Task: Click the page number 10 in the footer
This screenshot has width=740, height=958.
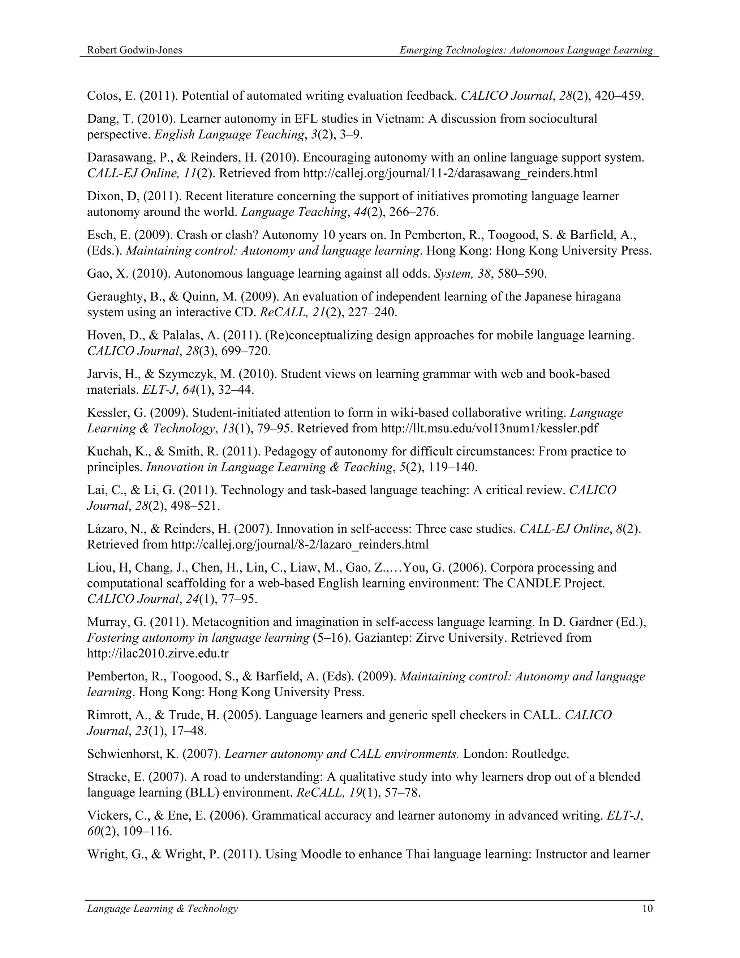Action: tap(647, 908)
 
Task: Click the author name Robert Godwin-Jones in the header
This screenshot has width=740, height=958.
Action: tap(134, 50)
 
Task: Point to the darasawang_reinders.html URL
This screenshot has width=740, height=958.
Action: tap(450, 173)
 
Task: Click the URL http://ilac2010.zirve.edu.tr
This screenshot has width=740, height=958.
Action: tap(158, 654)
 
